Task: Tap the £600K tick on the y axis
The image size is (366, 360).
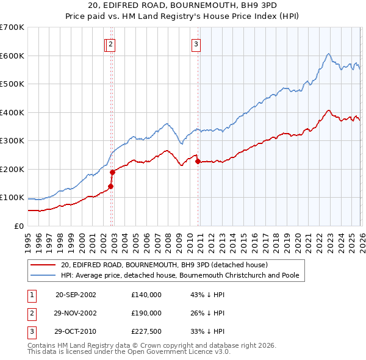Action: coord(12,56)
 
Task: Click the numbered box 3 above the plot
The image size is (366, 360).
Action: coord(196,43)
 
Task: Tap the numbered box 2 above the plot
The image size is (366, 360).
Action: coord(110,43)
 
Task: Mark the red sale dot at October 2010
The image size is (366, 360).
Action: coord(198,162)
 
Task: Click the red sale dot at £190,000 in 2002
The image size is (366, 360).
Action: coord(112,172)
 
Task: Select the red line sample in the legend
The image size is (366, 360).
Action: coord(43,265)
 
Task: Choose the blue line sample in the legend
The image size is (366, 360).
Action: coord(43,275)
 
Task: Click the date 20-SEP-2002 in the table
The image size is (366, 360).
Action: coord(76,295)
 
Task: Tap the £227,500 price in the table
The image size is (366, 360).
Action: coord(146,333)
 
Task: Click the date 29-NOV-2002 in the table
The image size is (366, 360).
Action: coord(76,314)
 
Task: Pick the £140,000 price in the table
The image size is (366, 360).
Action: coord(146,295)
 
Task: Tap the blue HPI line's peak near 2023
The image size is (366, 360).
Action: coord(328,54)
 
